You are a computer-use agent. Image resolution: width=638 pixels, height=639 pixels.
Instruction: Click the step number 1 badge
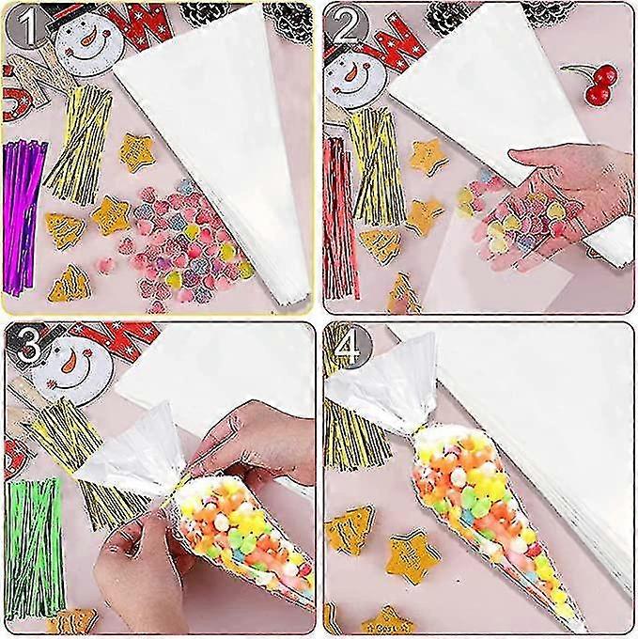coord(24,24)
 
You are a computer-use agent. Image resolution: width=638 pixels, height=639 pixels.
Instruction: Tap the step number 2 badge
coord(347,25)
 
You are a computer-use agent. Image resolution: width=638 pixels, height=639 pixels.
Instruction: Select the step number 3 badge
coord(24,347)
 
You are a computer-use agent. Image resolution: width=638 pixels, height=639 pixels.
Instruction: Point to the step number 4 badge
coord(347,347)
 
